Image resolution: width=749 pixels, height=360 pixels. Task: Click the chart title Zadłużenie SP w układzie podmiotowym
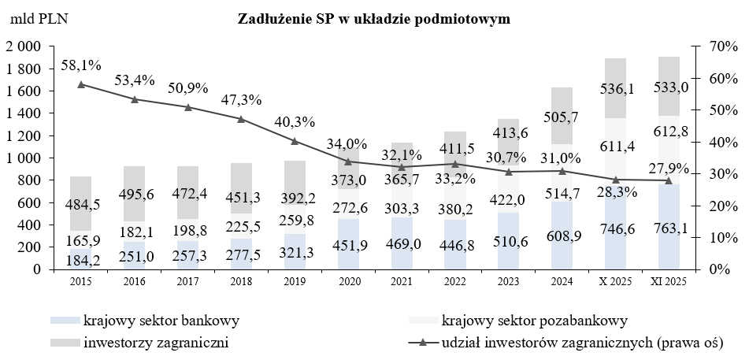point(374,20)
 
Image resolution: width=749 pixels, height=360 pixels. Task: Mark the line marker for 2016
point(135,99)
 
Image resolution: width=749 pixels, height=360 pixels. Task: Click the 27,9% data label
point(668,168)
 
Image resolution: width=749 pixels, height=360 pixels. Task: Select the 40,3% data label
point(295,122)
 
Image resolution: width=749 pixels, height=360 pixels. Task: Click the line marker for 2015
point(81,84)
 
